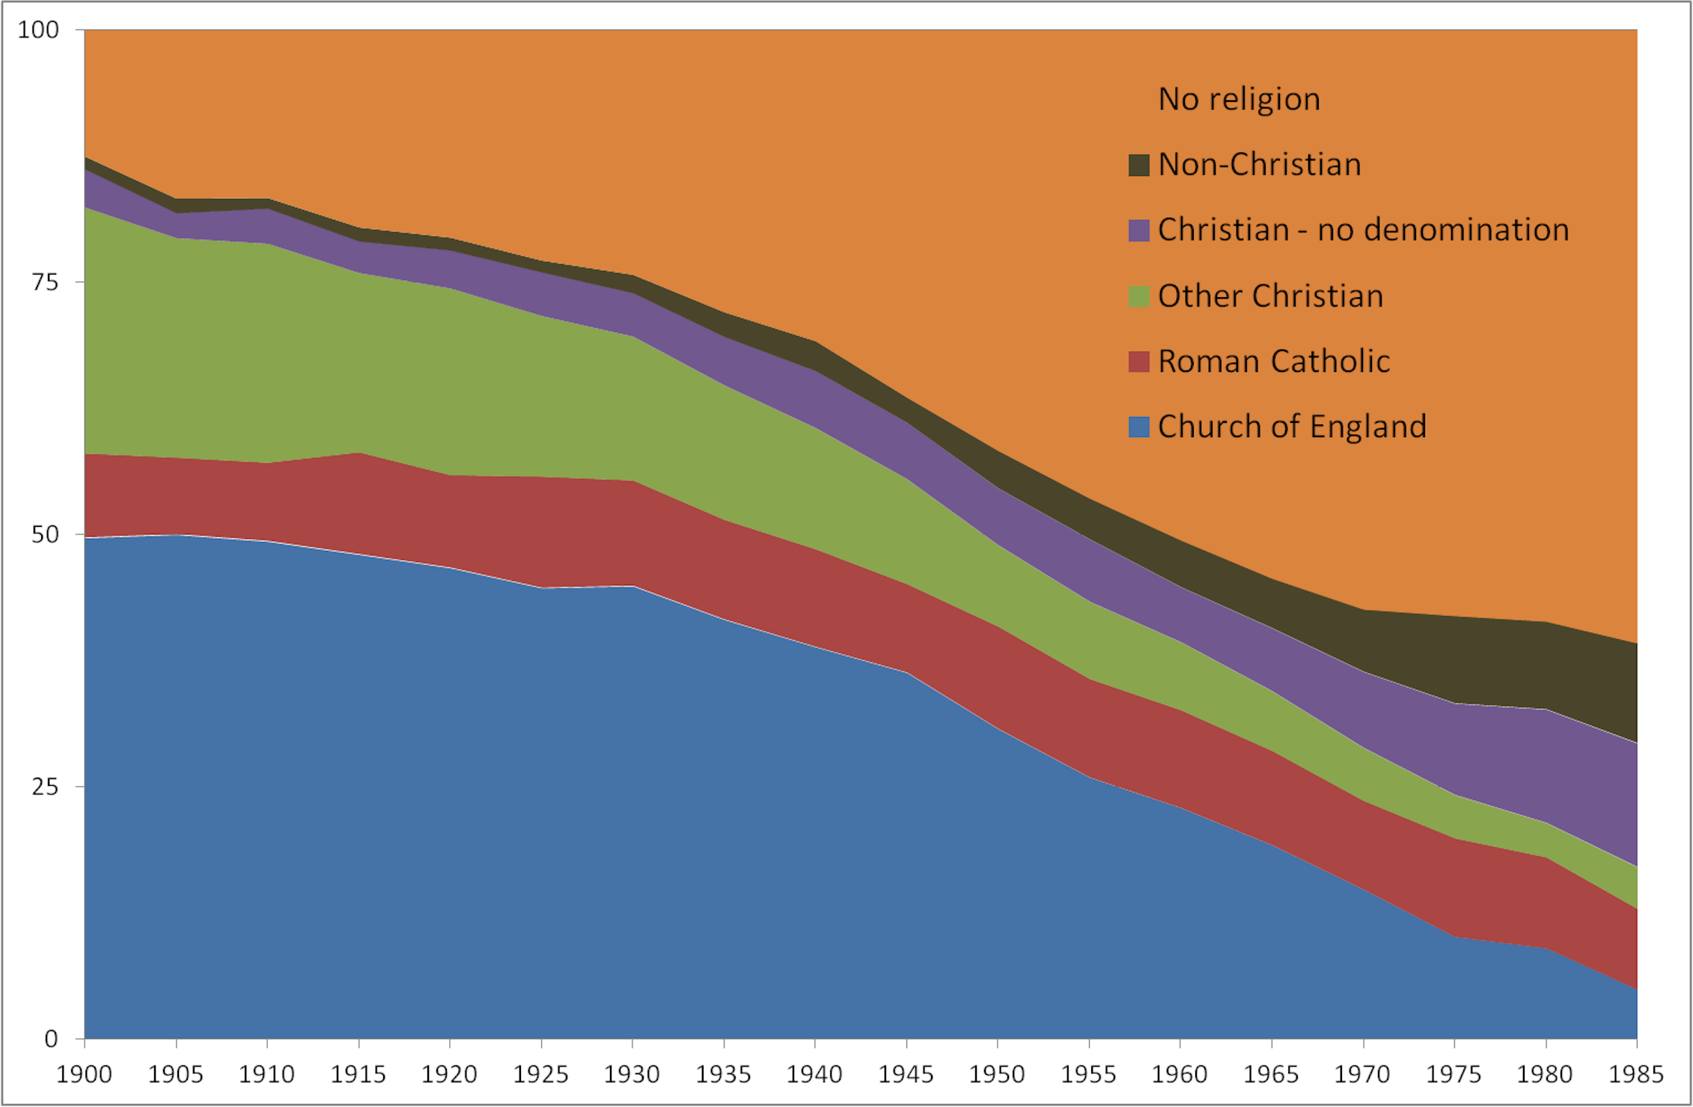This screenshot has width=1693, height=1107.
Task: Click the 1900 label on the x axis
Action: pos(84,1074)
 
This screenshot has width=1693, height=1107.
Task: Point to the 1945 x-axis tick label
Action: pos(906,1074)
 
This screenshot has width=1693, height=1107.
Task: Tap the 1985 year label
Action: pos(1636,1074)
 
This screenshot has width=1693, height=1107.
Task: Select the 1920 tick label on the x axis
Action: pos(449,1074)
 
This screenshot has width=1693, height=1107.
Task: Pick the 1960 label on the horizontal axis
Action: pos(1180,1074)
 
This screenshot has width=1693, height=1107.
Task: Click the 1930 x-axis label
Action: pos(632,1074)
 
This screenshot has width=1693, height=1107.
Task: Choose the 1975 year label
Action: pos(1453,1074)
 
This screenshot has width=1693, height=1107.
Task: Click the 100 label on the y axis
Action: pos(38,30)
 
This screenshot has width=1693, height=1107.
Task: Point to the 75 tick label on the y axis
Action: pos(45,282)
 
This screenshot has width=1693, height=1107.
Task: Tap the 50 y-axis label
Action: pos(45,534)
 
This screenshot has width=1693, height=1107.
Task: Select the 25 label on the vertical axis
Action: pos(45,787)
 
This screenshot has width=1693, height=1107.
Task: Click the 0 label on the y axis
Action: pos(51,1039)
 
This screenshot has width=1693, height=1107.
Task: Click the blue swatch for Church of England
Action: pos(1138,427)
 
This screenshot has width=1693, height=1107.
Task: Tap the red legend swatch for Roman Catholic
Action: pos(1138,362)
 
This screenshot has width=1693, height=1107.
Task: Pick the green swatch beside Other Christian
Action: pos(1138,296)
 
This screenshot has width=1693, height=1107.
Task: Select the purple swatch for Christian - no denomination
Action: pos(1138,231)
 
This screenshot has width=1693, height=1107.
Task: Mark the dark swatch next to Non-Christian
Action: pos(1138,165)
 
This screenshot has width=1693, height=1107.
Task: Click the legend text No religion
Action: pos(1239,100)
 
